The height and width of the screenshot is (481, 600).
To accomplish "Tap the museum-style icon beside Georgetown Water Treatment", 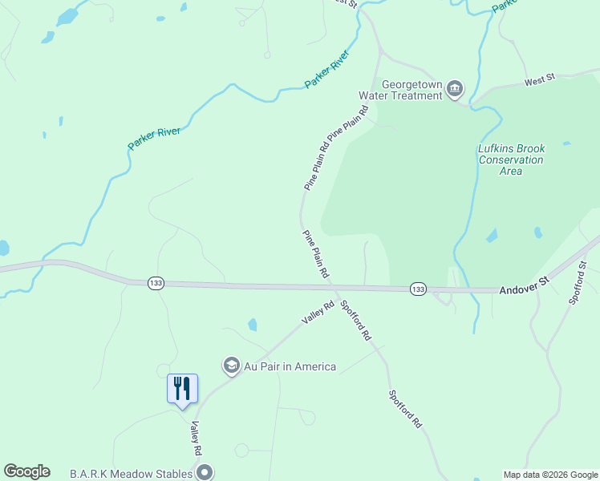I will [455, 89].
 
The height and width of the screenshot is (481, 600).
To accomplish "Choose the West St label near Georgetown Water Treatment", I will [540, 80].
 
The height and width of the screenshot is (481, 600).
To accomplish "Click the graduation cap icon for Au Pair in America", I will [232, 366].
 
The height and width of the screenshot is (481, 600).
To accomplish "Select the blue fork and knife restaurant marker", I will [182, 388].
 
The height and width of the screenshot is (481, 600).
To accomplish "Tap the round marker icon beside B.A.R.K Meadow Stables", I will [205, 472].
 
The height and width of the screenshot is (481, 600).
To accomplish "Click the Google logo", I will [26, 471].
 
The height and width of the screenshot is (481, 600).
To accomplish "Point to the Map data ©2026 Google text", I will [550, 475].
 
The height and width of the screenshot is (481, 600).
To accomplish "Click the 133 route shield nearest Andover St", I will [417, 289].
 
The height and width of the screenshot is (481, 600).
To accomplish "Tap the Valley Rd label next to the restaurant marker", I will [195, 440].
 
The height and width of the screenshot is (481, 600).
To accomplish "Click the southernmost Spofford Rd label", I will [405, 409].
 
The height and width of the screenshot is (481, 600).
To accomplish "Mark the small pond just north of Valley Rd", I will [253, 325].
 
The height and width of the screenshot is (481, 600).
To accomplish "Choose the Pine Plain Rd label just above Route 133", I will [316, 254].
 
